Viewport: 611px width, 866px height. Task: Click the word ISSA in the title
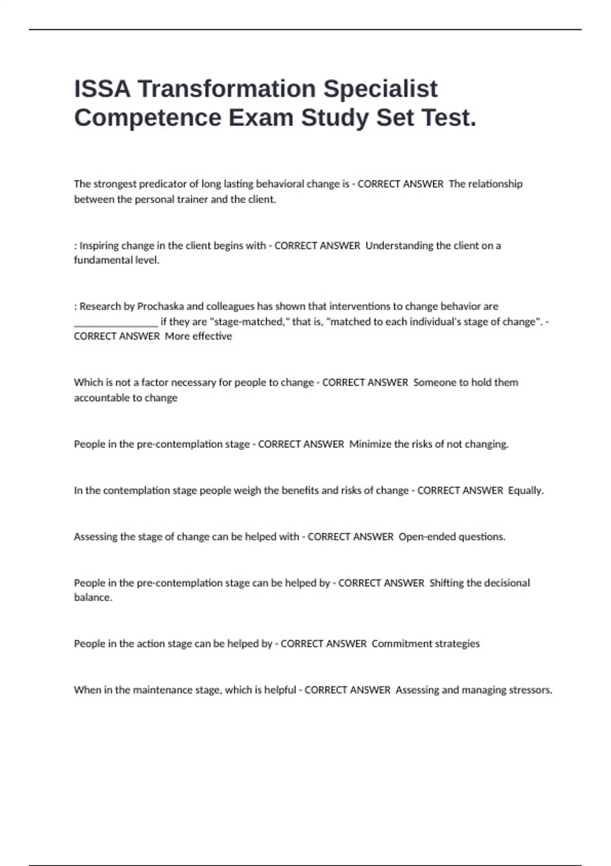tap(102, 89)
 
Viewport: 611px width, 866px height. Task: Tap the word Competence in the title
tap(148, 118)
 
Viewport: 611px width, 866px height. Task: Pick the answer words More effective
tap(198, 336)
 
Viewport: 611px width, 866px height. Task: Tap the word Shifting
tap(446, 583)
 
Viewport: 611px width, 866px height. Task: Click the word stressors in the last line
tap(532, 690)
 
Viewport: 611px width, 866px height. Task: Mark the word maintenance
tap(162, 690)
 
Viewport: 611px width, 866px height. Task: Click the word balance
tap(92, 598)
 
